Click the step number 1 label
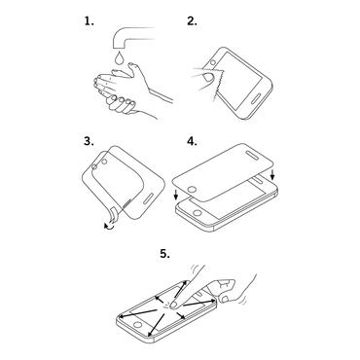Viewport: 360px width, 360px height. (90, 21)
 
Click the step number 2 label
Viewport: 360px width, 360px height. (192, 21)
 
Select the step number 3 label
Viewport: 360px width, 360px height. (89, 141)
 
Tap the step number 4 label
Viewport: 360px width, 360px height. (192, 141)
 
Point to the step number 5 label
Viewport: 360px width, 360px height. (164, 254)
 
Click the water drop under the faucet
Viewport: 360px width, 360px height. (120, 57)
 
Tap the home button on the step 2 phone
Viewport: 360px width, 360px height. (213, 62)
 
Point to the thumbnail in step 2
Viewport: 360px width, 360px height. (208, 78)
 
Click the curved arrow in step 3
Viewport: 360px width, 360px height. (109, 227)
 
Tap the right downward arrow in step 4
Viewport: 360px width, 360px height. (272, 174)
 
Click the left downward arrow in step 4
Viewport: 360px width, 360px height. (176, 196)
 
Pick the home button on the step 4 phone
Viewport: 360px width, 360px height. (197, 213)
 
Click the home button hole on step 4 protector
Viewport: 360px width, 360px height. (193, 189)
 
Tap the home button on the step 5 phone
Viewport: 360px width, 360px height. (138, 325)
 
